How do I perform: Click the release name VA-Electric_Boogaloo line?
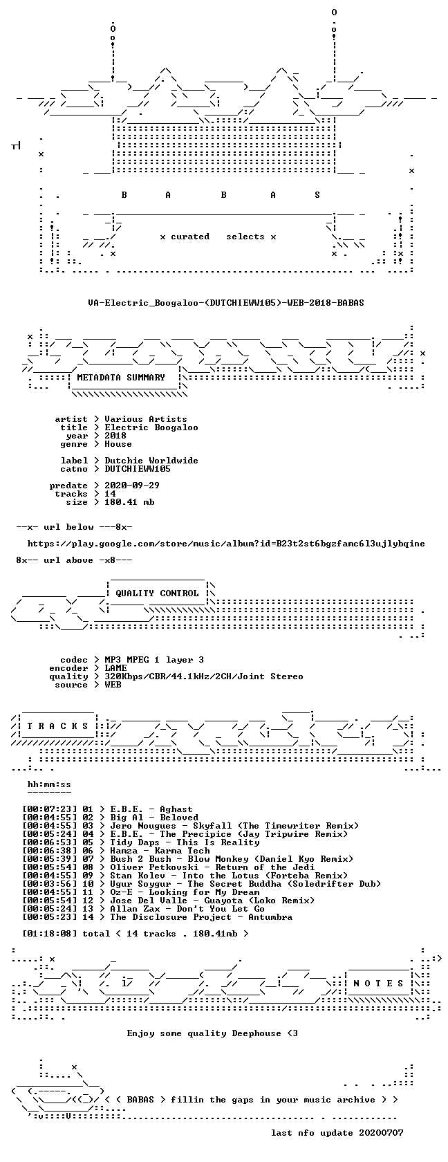click(x=226, y=303)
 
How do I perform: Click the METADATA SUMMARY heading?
click(x=121, y=378)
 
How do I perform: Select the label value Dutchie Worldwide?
click(x=151, y=461)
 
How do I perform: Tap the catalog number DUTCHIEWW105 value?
click(x=138, y=469)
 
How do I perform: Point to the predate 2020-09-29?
click(x=131, y=486)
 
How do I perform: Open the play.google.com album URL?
click(x=226, y=544)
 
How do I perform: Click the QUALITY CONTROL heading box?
click(x=157, y=593)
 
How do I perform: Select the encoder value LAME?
click(x=115, y=668)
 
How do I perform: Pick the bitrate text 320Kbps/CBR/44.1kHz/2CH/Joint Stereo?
click(x=204, y=676)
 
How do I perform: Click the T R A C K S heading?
click(x=57, y=726)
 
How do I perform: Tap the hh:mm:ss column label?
click(x=49, y=784)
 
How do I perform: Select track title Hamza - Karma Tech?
click(x=160, y=851)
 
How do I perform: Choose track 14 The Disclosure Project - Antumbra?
click(x=201, y=917)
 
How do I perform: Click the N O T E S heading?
click(x=379, y=984)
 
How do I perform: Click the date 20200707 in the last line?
click(x=381, y=1133)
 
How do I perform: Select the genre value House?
click(x=118, y=444)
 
